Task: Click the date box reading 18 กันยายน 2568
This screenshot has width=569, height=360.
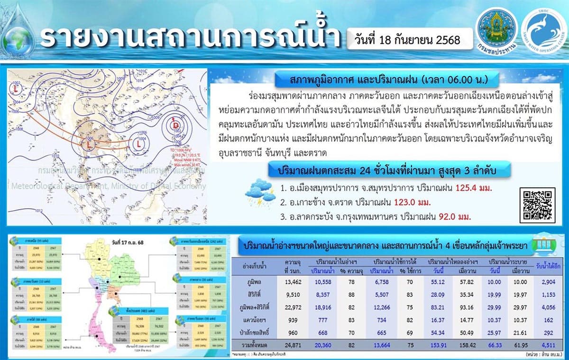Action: [404, 40]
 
